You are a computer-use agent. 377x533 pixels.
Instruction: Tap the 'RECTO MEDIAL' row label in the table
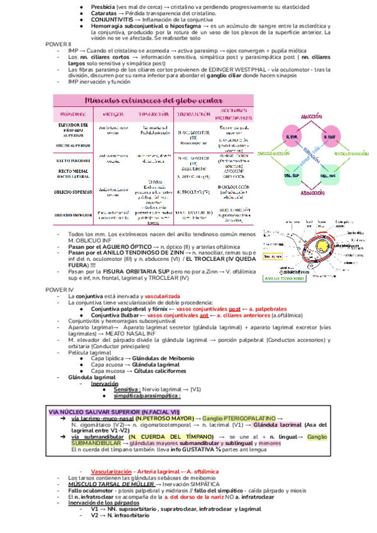pos(75,169)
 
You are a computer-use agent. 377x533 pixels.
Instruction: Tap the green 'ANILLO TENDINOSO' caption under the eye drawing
pos(285,277)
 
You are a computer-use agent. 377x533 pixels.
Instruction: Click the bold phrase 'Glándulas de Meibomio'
pos(155,358)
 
